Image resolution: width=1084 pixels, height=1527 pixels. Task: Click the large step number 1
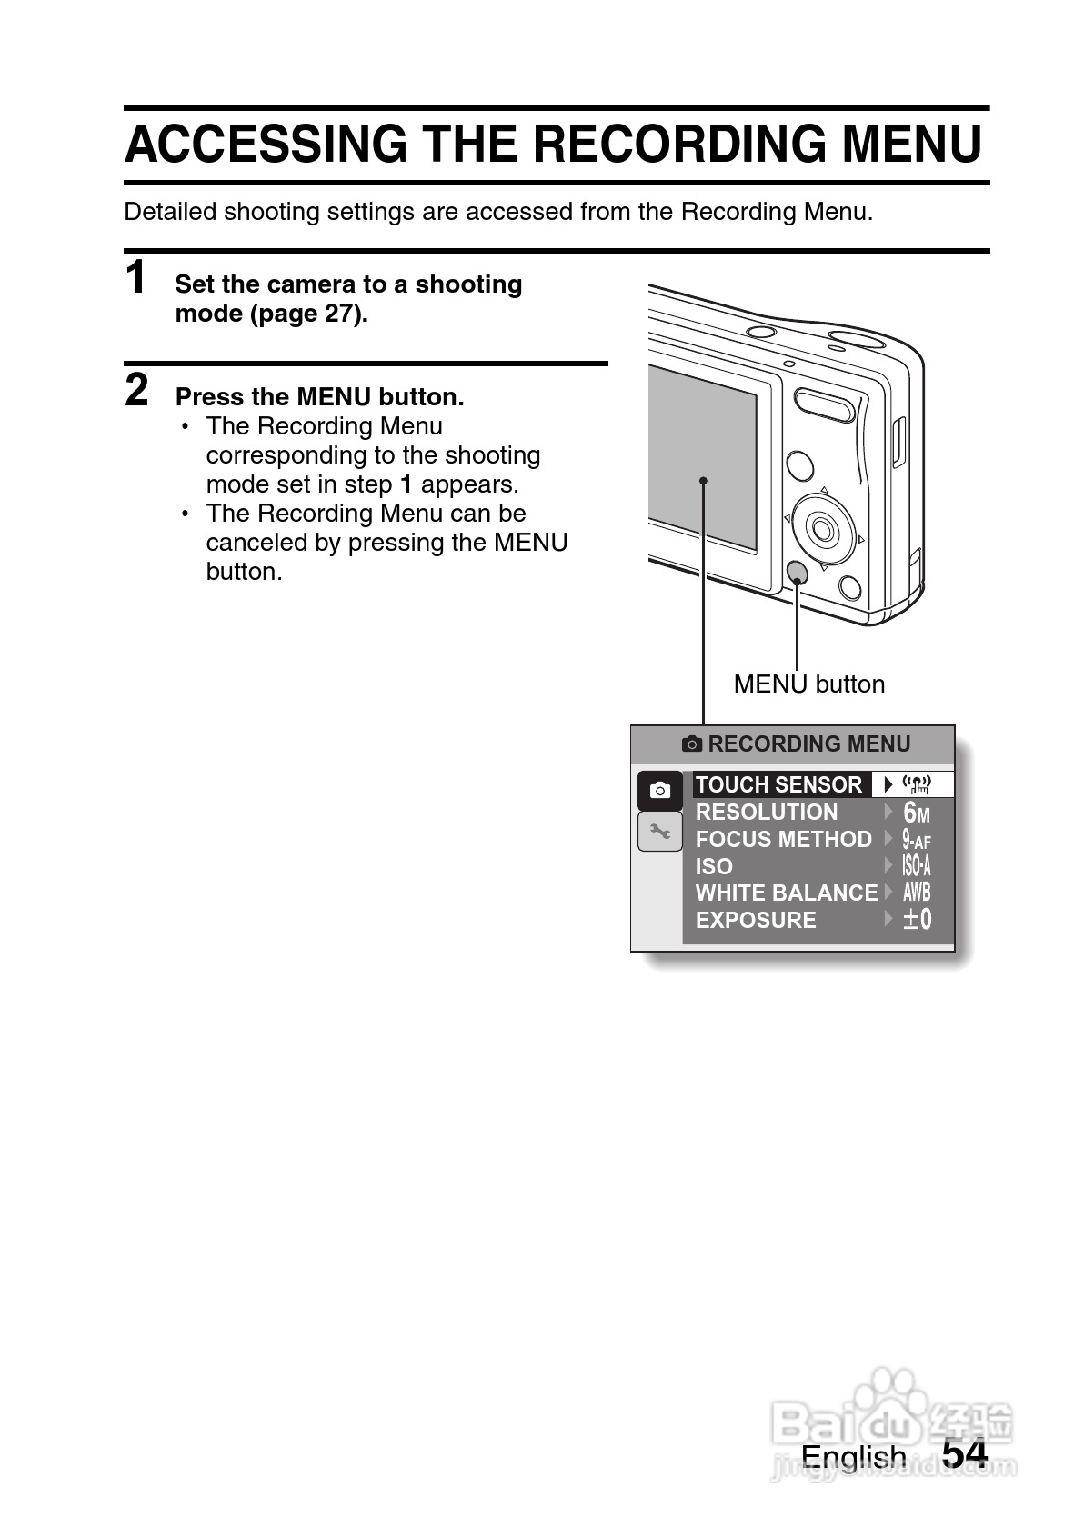136,278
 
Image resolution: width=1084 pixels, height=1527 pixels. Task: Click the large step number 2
136,391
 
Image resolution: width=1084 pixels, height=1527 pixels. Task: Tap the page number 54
964,1454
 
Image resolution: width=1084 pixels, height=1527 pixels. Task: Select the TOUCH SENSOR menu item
778,784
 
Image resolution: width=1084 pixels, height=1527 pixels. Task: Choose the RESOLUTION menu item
767,812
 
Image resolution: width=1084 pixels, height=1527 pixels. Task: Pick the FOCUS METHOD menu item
783,839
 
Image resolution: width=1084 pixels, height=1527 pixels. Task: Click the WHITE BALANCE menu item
787,893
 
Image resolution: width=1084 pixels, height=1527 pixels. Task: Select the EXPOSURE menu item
756,920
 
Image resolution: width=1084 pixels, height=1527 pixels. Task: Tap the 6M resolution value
917,813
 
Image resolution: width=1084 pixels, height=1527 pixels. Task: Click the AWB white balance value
917,893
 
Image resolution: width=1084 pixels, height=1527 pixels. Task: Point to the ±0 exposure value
917,920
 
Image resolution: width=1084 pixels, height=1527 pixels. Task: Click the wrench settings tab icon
660,831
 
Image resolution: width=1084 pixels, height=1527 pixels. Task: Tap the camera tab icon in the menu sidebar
660,791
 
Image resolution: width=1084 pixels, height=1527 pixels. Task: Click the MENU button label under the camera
808,684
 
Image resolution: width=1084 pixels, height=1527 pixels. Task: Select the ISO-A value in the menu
917,866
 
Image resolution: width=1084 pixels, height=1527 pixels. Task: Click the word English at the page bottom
853,1457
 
